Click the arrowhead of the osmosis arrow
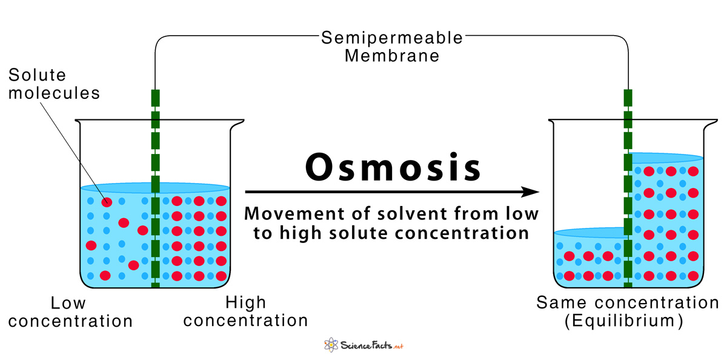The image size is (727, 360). (x=532, y=192)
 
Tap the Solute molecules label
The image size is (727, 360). (x=54, y=84)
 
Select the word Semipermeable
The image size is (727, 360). (x=392, y=38)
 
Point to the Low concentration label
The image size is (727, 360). (x=70, y=311)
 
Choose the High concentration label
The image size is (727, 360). (x=245, y=311)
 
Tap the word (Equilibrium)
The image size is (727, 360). (x=624, y=321)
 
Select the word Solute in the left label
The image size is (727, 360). (x=37, y=75)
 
